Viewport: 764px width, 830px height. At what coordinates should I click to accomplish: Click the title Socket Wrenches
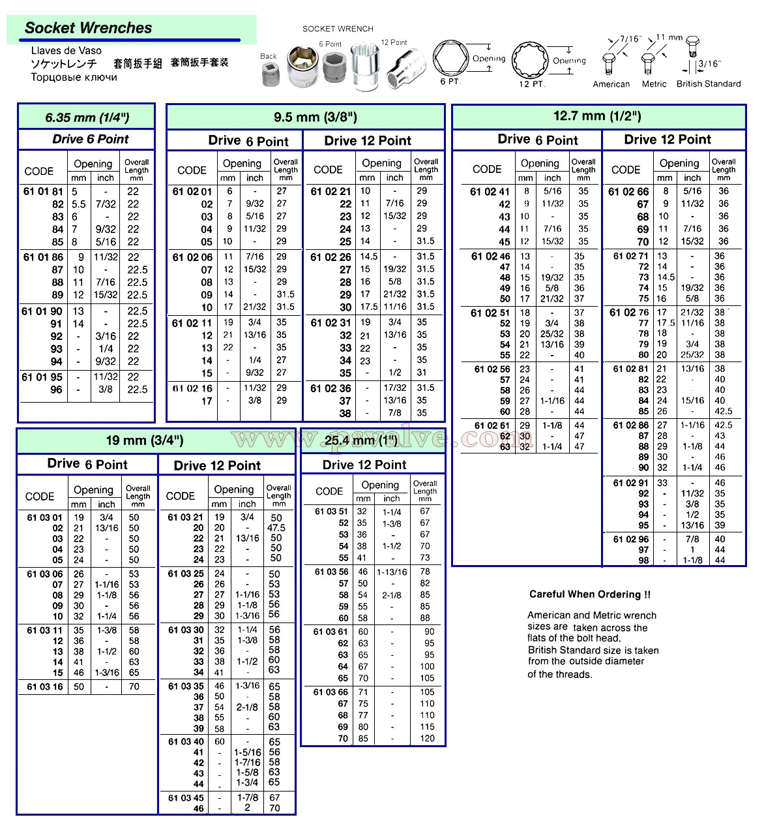click(88, 28)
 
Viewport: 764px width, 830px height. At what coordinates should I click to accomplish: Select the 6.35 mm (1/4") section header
click(87, 117)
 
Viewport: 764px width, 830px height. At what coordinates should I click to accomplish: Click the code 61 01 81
click(43, 192)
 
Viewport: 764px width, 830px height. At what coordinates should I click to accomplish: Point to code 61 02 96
click(630, 539)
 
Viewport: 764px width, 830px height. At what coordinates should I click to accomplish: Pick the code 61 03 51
click(331, 512)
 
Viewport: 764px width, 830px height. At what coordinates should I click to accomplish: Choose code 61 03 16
click(45, 686)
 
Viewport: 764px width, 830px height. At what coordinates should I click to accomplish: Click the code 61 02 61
click(492, 425)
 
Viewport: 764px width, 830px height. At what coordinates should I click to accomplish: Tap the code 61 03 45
click(186, 797)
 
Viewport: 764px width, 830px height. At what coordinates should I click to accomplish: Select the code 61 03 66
click(331, 692)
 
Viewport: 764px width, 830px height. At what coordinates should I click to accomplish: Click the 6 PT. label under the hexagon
click(450, 82)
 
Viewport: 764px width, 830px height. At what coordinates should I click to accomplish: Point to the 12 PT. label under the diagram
click(531, 84)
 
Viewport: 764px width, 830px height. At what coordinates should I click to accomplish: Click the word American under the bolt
click(611, 84)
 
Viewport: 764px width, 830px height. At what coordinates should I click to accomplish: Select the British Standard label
click(708, 84)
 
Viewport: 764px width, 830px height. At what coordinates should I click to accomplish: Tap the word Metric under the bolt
click(654, 84)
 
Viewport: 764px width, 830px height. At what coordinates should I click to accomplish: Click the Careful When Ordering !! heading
click(589, 594)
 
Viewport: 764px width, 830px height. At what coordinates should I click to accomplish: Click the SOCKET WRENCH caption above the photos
click(338, 29)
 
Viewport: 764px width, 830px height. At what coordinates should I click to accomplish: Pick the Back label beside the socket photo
click(269, 56)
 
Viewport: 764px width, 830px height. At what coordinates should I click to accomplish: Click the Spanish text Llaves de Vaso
click(66, 51)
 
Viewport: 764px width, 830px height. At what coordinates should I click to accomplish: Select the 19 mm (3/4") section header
click(145, 440)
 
